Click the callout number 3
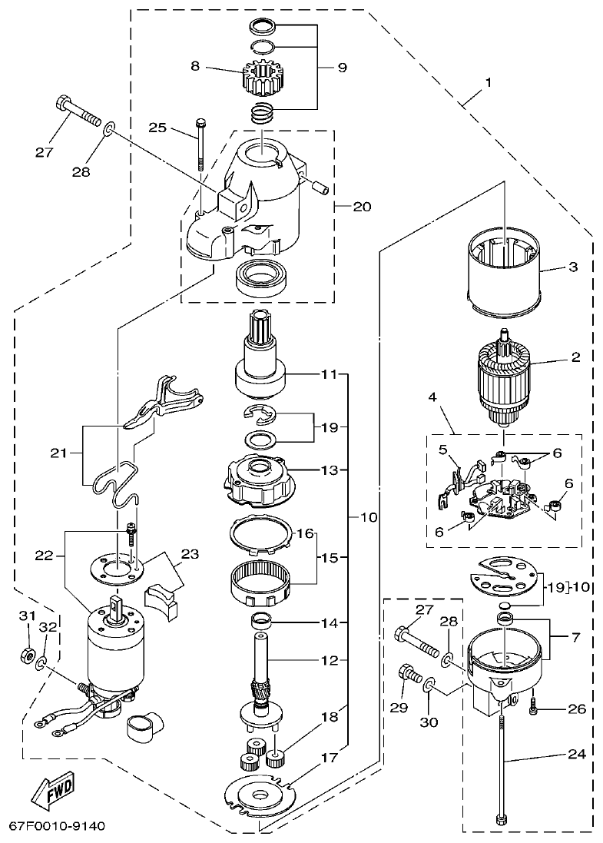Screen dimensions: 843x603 (x=572, y=267)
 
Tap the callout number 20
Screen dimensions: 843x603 (x=362, y=206)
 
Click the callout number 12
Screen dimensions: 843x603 (x=330, y=660)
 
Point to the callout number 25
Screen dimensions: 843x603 (x=158, y=128)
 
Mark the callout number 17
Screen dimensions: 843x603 (x=330, y=758)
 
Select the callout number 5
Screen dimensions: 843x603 (x=443, y=450)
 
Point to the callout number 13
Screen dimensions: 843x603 (x=330, y=470)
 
